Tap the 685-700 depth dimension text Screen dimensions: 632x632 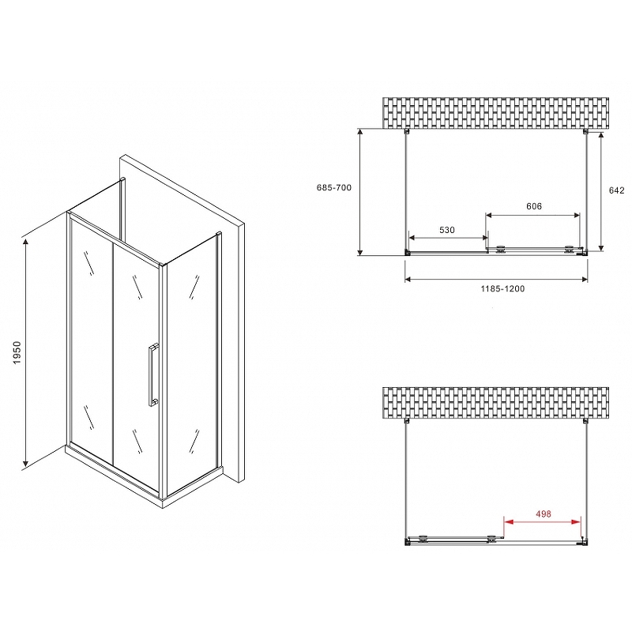pyautogui.click(x=333, y=188)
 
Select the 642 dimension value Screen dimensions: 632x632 pyautogui.click(x=617, y=190)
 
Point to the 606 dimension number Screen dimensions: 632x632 pyautogui.click(x=533, y=206)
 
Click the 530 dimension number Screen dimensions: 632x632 pyautogui.click(x=447, y=230)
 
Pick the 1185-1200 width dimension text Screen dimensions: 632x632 pyautogui.click(x=502, y=288)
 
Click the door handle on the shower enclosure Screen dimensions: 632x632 pyautogui.click(x=151, y=374)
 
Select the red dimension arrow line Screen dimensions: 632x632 pyautogui.click(x=543, y=522)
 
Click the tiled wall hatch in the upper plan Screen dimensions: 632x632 pyautogui.click(x=497, y=113)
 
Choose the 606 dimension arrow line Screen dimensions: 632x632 pyautogui.click(x=533, y=215)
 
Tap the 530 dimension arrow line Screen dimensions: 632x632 pyautogui.click(x=448, y=239)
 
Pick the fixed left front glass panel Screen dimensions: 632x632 pyautogui.click(x=91, y=340)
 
